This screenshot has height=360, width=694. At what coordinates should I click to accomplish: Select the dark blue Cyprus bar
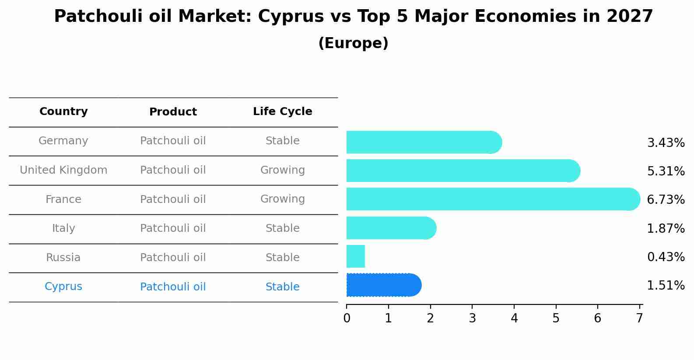383,285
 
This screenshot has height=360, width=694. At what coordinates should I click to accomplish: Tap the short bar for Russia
356,256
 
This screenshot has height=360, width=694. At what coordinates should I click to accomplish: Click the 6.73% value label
666,200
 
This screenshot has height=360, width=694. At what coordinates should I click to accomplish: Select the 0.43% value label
666,257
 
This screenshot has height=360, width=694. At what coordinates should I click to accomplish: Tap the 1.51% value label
666,286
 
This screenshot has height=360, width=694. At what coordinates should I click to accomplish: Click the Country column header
63,112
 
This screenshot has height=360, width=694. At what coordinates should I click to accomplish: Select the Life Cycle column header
282,112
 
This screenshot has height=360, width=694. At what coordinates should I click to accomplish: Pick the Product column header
173,112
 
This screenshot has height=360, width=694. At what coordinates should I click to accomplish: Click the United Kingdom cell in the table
63,170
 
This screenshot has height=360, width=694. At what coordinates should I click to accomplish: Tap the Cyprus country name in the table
63,287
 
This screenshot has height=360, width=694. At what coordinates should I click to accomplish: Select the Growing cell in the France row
282,199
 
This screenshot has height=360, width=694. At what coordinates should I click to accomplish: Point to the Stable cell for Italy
282,228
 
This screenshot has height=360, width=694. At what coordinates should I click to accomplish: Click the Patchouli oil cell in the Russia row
173,258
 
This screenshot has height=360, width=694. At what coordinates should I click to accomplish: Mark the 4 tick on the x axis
514,318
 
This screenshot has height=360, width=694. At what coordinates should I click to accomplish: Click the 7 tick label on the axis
639,318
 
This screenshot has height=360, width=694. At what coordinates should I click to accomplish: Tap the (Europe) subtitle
353,43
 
